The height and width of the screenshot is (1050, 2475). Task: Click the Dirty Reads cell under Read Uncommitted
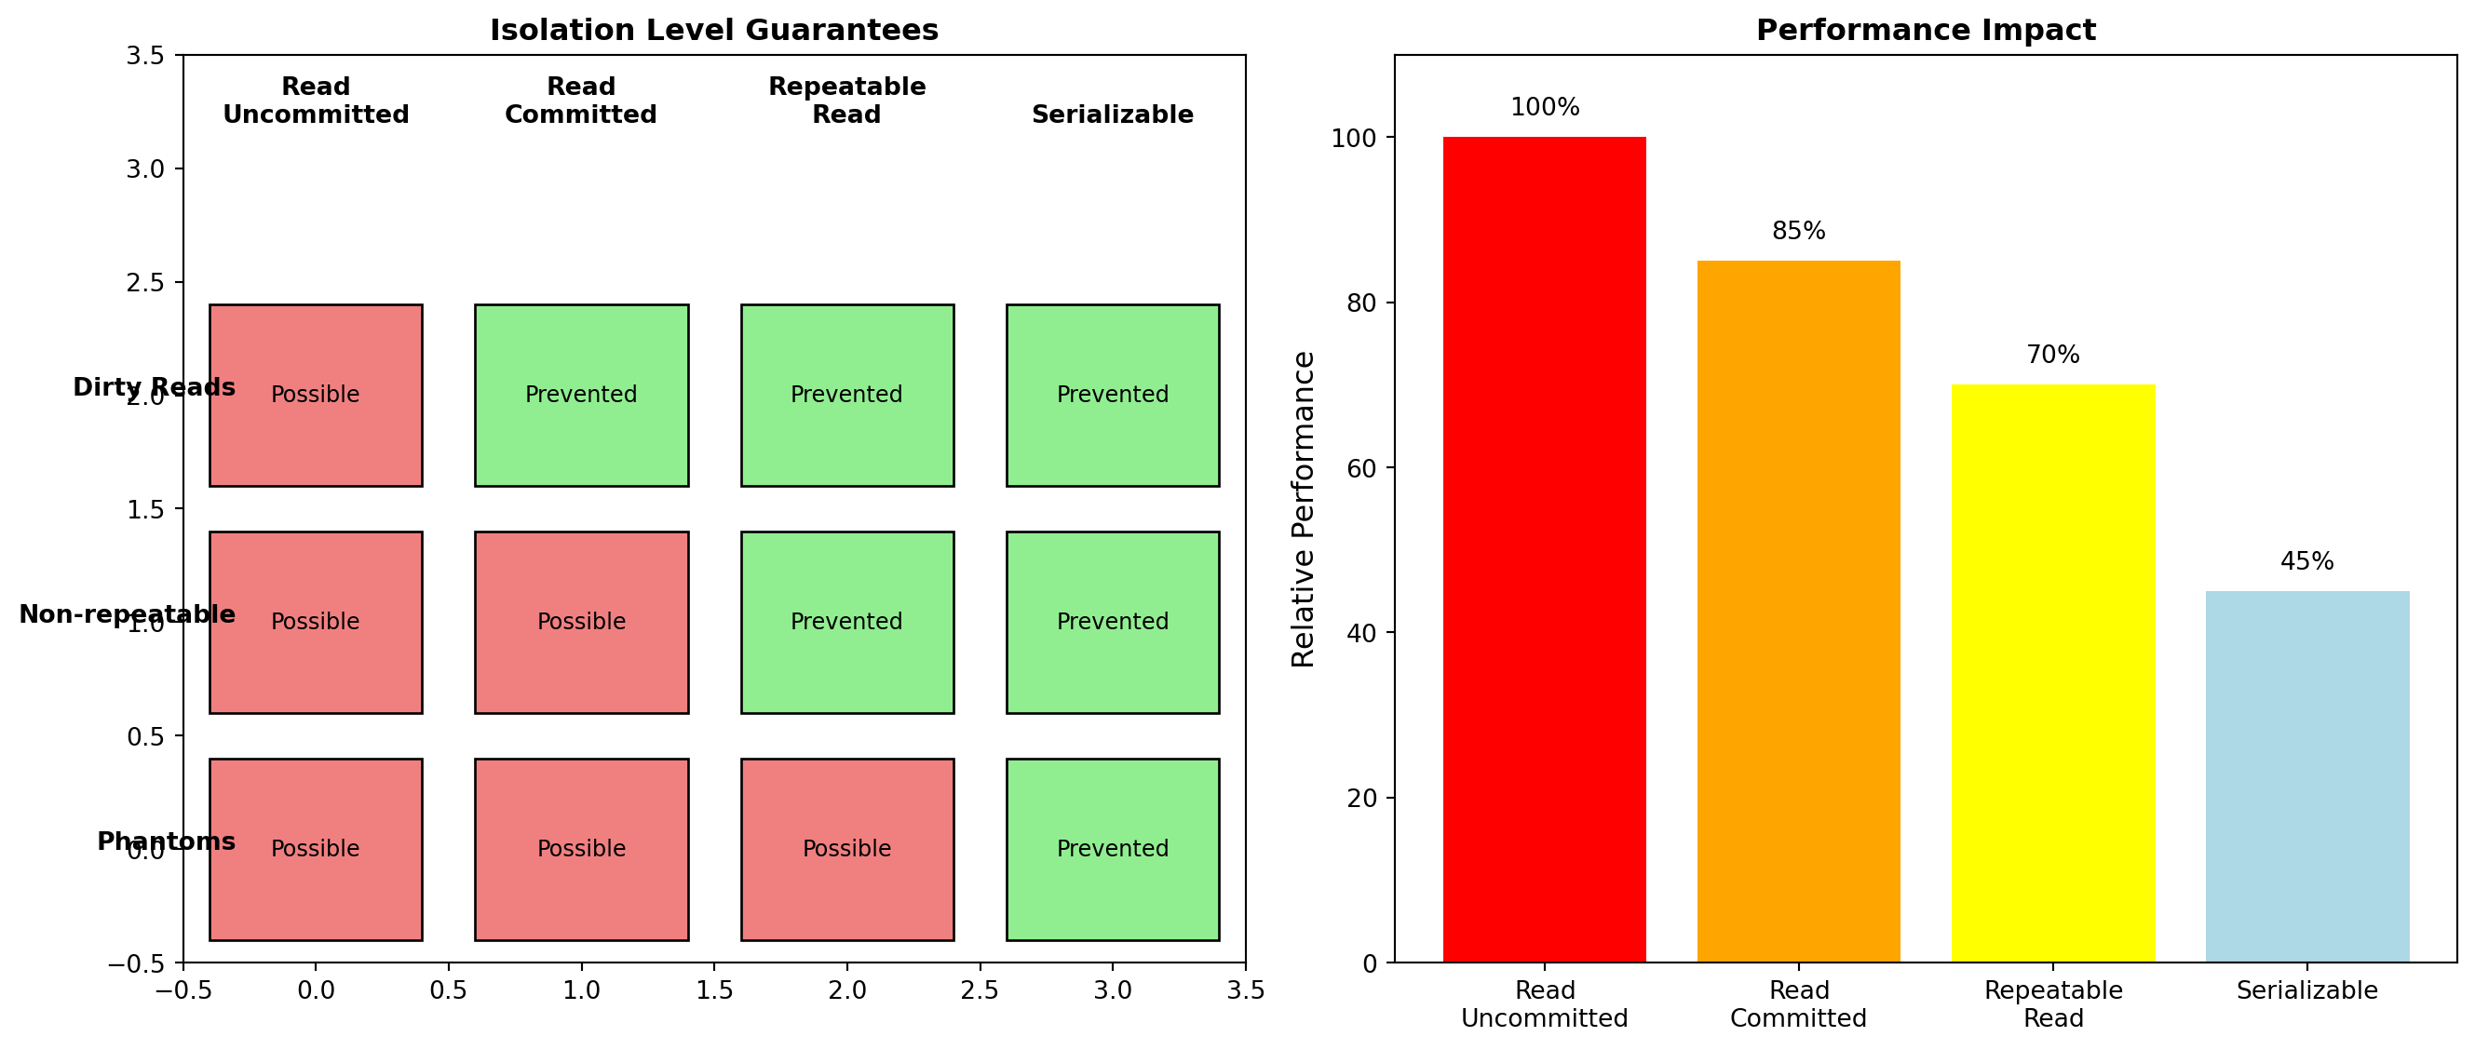(315, 395)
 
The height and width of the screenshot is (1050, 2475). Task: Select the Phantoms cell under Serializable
(1113, 849)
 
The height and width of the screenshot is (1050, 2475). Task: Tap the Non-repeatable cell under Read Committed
(581, 622)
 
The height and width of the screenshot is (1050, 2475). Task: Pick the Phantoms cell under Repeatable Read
(846, 849)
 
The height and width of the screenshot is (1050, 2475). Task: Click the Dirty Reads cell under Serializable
(1113, 395)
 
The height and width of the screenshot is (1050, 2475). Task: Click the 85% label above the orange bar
(1799, 232)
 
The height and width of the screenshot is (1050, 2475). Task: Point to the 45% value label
(2306, 562)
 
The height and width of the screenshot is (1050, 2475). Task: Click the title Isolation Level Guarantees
(714, 31)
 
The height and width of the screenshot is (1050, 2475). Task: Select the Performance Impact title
(1926, 31)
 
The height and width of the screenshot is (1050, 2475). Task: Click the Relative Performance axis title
(1303, 509)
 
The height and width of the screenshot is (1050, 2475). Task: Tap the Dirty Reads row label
(154, 387)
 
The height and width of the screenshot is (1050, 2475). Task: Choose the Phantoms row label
(167, 841)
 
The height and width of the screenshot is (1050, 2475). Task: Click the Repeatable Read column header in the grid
(846, 100)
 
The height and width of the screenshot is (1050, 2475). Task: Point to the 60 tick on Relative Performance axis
(1355, 468)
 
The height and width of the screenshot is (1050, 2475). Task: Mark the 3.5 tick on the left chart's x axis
(1245, 990)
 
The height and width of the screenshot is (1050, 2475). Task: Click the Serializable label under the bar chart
(2306, 990)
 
